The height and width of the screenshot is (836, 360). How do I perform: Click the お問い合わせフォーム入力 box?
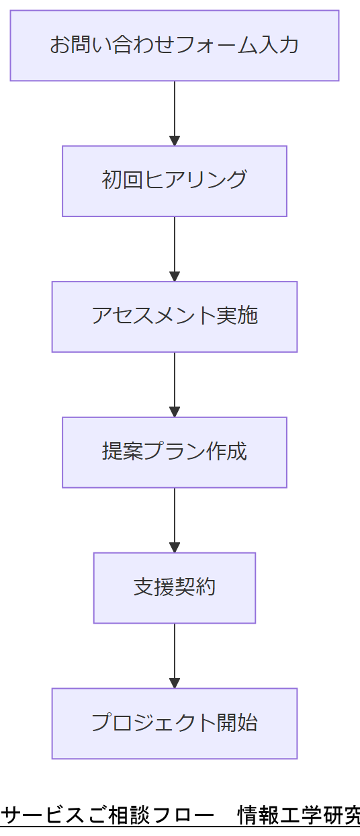coord(175,46)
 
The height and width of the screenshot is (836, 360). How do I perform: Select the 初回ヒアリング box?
coord(175,181)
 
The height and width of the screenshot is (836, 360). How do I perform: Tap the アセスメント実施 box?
coord(175,317)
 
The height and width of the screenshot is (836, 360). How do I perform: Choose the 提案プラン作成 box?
coord(175,452)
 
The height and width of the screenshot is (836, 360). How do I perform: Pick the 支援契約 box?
coord(175,587)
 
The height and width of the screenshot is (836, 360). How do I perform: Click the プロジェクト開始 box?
coord(175,723)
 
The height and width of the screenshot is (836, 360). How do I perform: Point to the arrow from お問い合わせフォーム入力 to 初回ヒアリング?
coord(175,113)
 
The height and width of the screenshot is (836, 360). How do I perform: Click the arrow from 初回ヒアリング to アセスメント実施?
coord(175,249)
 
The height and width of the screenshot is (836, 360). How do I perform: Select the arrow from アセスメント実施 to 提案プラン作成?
coord(175,384)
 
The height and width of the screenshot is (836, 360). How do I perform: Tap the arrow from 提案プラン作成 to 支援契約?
coord(175,519)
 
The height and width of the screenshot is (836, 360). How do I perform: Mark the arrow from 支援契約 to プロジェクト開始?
coord(175,655)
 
